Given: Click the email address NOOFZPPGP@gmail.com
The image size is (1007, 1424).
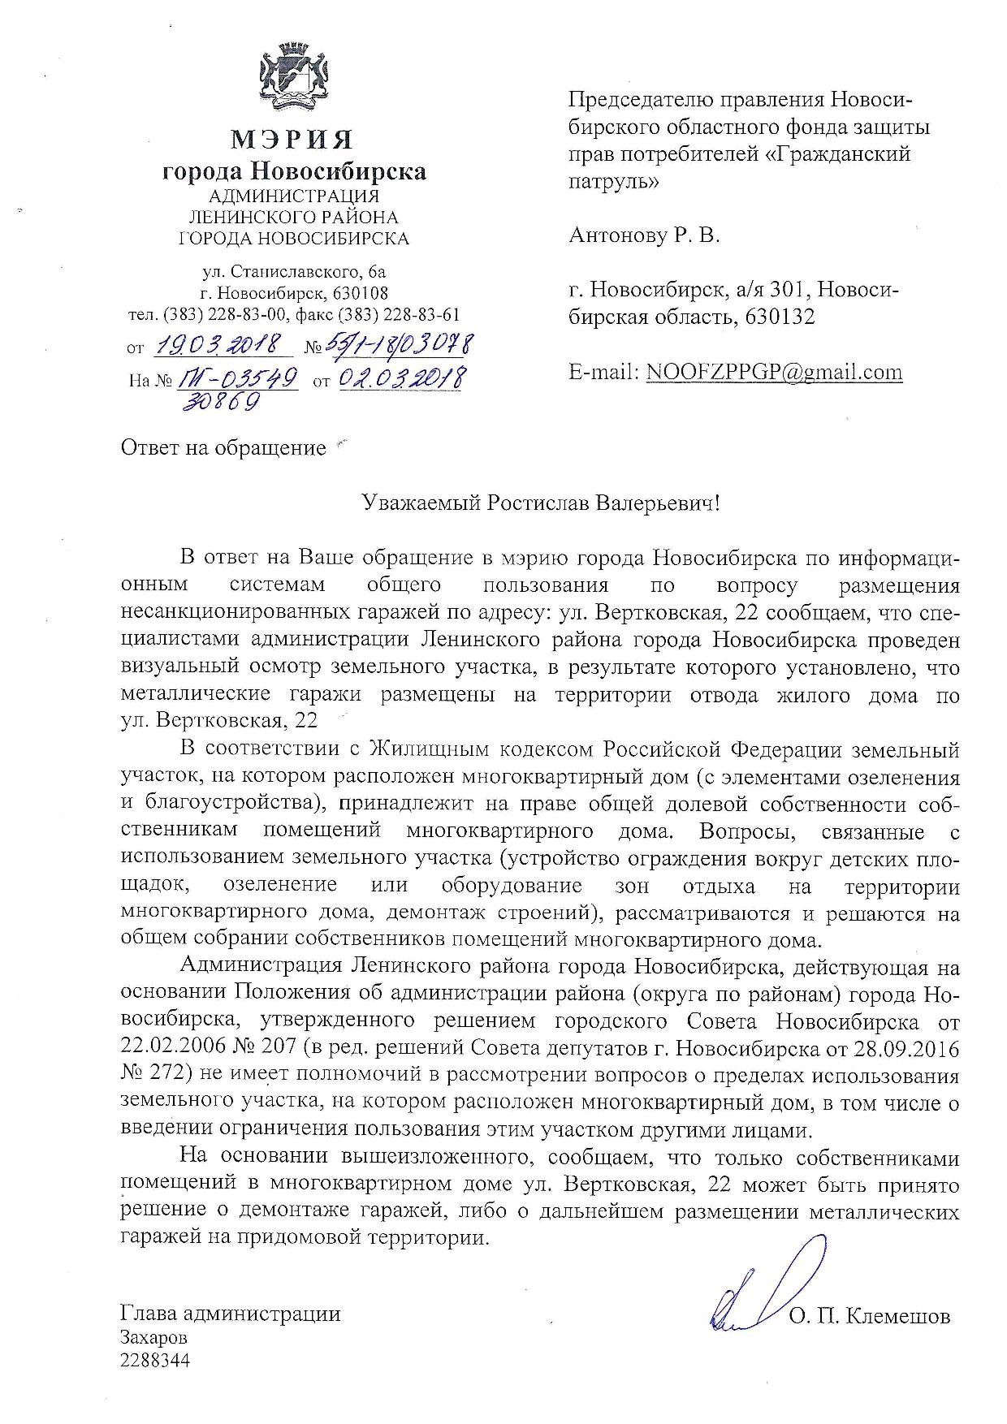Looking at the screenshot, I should click(774, 372).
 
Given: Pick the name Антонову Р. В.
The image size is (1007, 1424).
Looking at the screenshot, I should click(644, 236).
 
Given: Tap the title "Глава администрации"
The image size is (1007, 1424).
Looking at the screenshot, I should click(230, 1314).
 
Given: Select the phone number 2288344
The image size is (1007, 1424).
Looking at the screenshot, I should click(154, 1361).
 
